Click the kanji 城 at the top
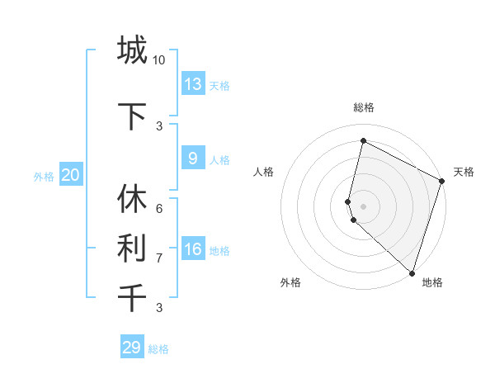[x=132, y=50]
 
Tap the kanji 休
[x=132, y=199]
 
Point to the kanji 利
[x=132, y=248]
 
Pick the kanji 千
[x=132, y=297]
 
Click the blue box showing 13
[x=192, y=84]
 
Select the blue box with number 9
[x=192, y=159]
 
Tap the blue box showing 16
[x=192, y=249]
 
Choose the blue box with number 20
[x=70, y=174]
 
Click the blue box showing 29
[x=132, y=348]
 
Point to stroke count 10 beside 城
[x=159, y=60]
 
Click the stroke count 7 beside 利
[x=159, y=258]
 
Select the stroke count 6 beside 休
[x=159, y=209]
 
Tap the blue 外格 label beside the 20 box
[x=44, y=176]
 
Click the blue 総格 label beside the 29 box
[x=158, y=349]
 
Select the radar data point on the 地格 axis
[x=412, y=272]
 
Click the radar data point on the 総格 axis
[x=363, y=141]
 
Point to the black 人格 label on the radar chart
[x=264, y=172]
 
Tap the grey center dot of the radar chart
[x=363, y=206]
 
